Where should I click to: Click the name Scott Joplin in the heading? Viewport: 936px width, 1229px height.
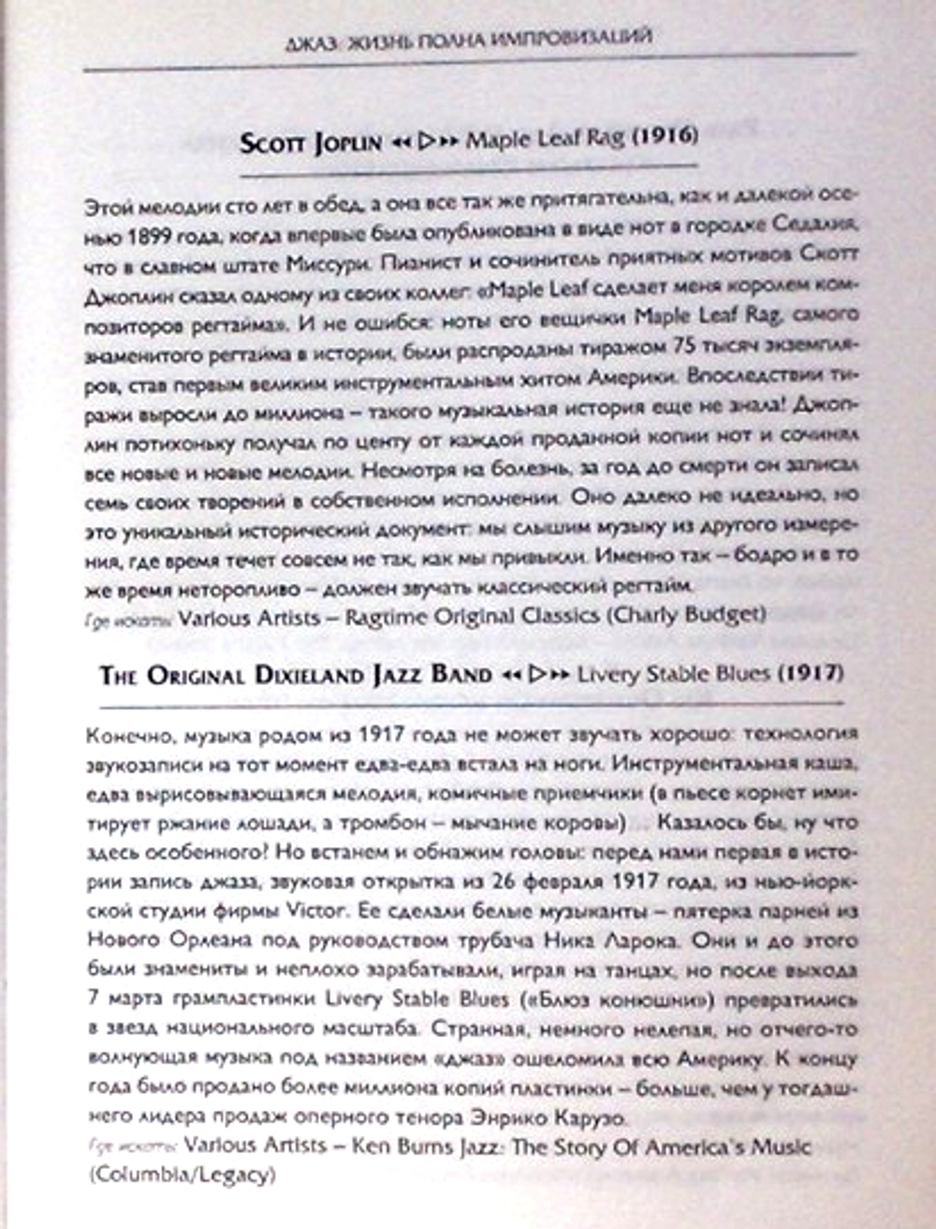tap(311, 142)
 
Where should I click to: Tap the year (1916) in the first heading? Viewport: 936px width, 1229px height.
tap(665, 137)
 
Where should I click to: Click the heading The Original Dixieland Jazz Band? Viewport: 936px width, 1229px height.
tap(296, 675)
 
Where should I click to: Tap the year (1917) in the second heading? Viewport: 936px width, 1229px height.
tap(812, 672)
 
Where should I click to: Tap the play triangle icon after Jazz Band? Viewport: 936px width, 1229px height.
tap(535, 674)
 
